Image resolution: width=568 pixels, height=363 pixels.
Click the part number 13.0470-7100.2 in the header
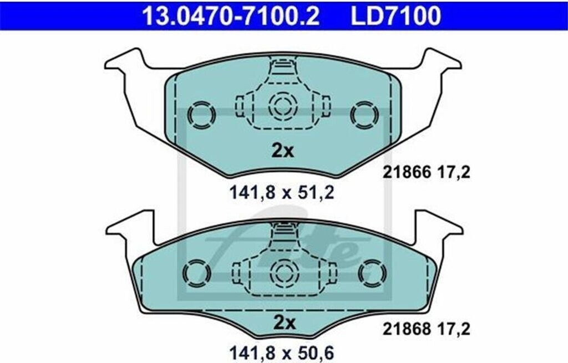(231, 16)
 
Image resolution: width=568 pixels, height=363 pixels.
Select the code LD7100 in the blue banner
(396, 16)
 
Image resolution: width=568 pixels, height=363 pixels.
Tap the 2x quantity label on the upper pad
(283, 151)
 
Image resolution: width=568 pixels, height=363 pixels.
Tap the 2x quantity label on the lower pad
(285, 323)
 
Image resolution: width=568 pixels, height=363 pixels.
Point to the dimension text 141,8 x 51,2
(282, 192)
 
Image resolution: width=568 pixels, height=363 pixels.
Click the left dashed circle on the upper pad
(201, 115)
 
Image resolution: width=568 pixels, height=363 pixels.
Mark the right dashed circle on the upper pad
(364, 115)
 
